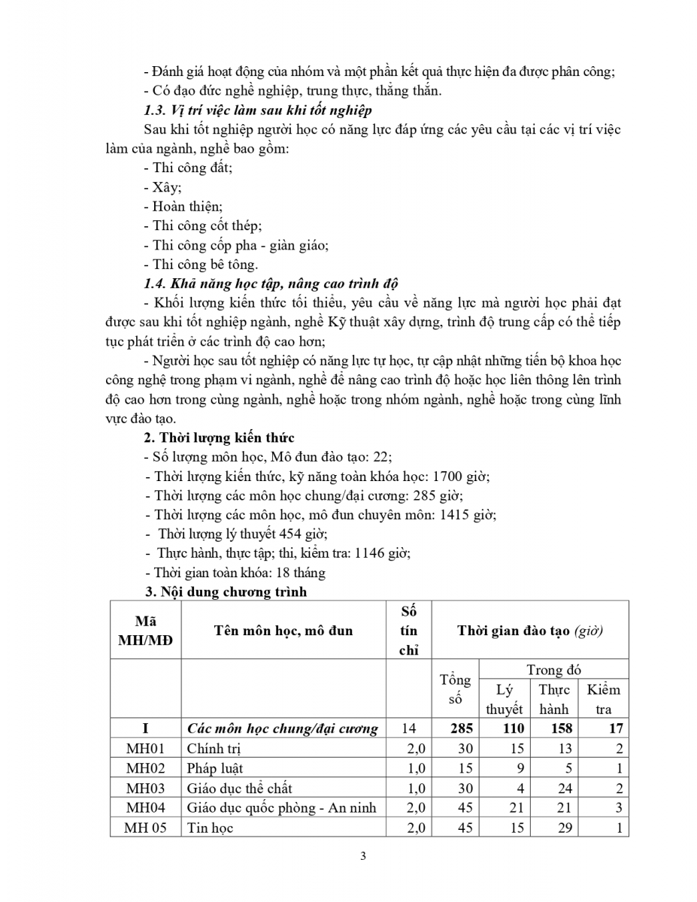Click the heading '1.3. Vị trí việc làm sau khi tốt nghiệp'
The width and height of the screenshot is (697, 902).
point(257,110)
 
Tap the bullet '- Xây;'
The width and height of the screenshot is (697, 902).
point(162,187)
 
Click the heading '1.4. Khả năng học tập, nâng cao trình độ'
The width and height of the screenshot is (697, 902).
point(270,283)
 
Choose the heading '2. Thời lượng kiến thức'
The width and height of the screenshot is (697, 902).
point(219,437)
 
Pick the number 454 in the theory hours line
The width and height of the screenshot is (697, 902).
point(291,534)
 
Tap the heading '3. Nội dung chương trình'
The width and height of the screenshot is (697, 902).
point(225,592)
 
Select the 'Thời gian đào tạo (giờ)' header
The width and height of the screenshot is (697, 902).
point(530,631)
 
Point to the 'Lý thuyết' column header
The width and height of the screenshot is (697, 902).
point(504,699)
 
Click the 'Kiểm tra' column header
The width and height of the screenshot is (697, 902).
point(603,699)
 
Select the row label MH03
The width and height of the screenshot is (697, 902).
point(145,788)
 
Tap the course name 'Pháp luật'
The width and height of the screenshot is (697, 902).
point(214,768)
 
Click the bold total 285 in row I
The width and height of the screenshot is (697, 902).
point(454,728)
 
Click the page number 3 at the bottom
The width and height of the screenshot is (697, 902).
point(363,856)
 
